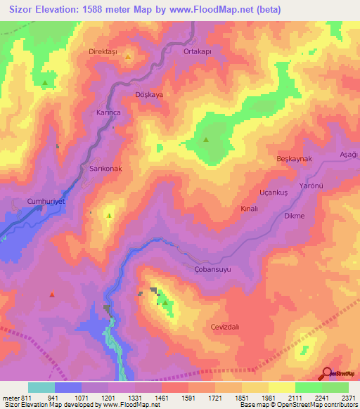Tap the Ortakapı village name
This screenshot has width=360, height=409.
197,51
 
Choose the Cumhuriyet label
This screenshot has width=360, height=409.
46,201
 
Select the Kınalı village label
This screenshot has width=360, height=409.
250,209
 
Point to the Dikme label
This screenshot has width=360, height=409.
294,216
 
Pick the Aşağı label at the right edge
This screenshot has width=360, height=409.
349,155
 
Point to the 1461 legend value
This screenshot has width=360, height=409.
162,397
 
